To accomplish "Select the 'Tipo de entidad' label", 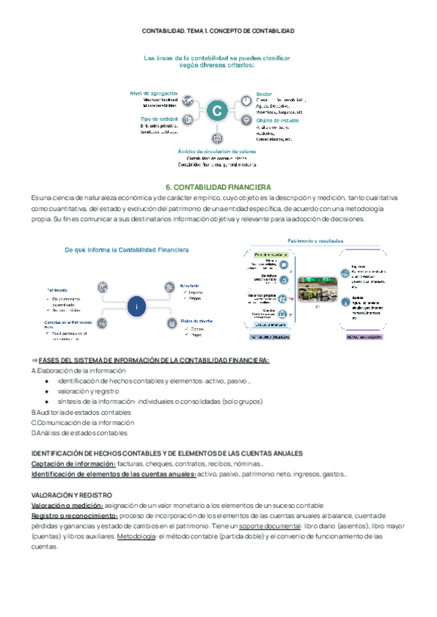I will tap(158, 119).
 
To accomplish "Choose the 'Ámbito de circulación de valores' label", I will tap(216, 151).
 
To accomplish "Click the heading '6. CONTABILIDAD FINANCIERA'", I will tap(218, 187).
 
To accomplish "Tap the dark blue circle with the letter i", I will tap(136, 307).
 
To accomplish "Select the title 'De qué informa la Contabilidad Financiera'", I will tap(127, 250).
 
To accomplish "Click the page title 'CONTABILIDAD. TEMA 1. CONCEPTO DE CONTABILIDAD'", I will tap(218, 31).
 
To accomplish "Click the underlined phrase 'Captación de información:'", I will tap(74, 464).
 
